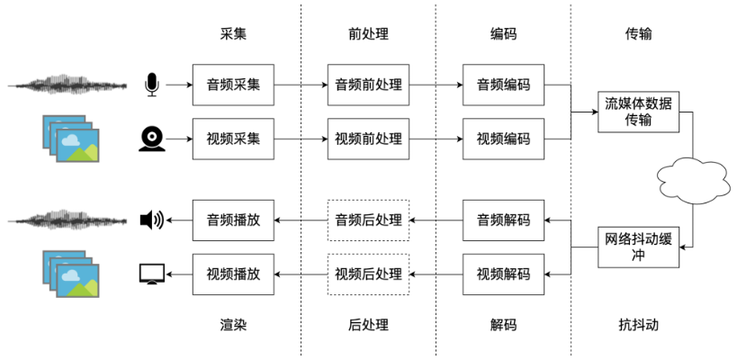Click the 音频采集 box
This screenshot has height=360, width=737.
coord(233,85)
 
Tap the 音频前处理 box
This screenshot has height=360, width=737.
coord(368,85)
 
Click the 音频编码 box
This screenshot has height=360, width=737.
coord(503,85)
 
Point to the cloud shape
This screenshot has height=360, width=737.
coord(692,178)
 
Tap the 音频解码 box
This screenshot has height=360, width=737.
coord(503,220)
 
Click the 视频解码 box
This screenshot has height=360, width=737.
coord(503,274)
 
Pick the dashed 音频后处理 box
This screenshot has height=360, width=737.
coord(368,220)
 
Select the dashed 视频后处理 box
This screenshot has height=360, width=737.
coord(368,274)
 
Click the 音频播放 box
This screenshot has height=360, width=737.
coord(233,220)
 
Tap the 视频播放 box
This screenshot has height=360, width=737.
coord(233,274)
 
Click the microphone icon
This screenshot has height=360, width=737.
coord(151,85)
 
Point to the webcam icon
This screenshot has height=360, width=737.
coord(151,139)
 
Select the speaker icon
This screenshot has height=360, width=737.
coord(151,220)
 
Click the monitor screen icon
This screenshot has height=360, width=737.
coord(151,274)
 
